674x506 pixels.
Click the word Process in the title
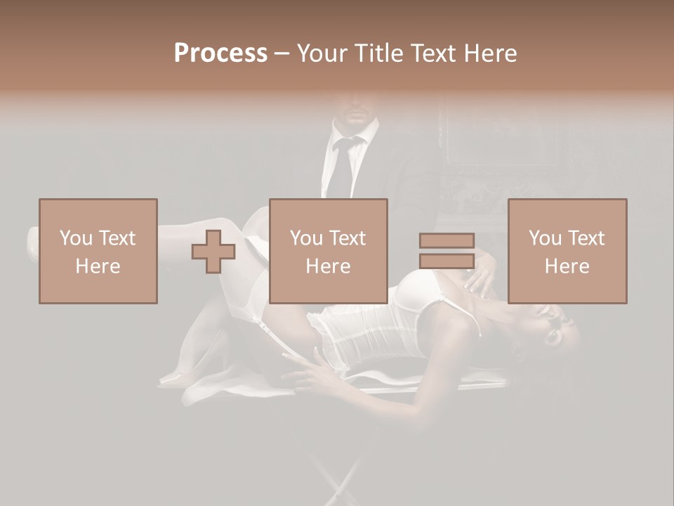click(x=220, y=53)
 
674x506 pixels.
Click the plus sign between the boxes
click(x=213, y=252)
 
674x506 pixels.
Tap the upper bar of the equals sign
click(x=447, y=241)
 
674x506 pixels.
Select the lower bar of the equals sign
click(x=447, y=261)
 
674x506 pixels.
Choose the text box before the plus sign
click(x=98, y=251)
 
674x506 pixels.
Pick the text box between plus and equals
click(x=329, y=251)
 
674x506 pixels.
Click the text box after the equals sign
click(x=567, y=251)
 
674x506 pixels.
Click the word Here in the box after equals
click(x=567, y=266)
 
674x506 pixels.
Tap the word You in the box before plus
click(x=76, y=238)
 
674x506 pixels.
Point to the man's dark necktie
click(x=345, y=169)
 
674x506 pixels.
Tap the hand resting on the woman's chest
click(x=484, y=278)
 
